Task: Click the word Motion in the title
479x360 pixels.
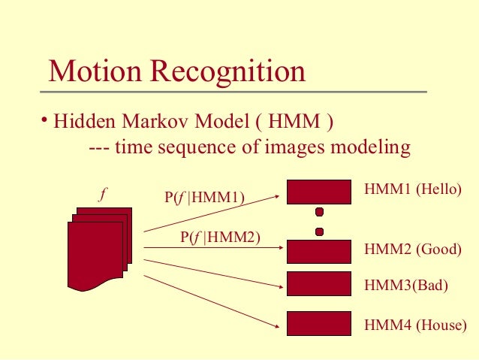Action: [95, 72]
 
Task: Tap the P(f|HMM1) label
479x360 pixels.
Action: [205, 198]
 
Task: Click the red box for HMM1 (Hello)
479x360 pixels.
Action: [319, 191]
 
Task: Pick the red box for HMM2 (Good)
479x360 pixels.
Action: [319, 250]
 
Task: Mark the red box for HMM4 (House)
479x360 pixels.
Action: [319, 323]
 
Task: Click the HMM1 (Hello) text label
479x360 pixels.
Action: [412, 189]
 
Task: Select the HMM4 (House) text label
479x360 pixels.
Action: [415, 325]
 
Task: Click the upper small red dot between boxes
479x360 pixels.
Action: [319, 211]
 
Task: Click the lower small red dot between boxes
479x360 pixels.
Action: [319, 231]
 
